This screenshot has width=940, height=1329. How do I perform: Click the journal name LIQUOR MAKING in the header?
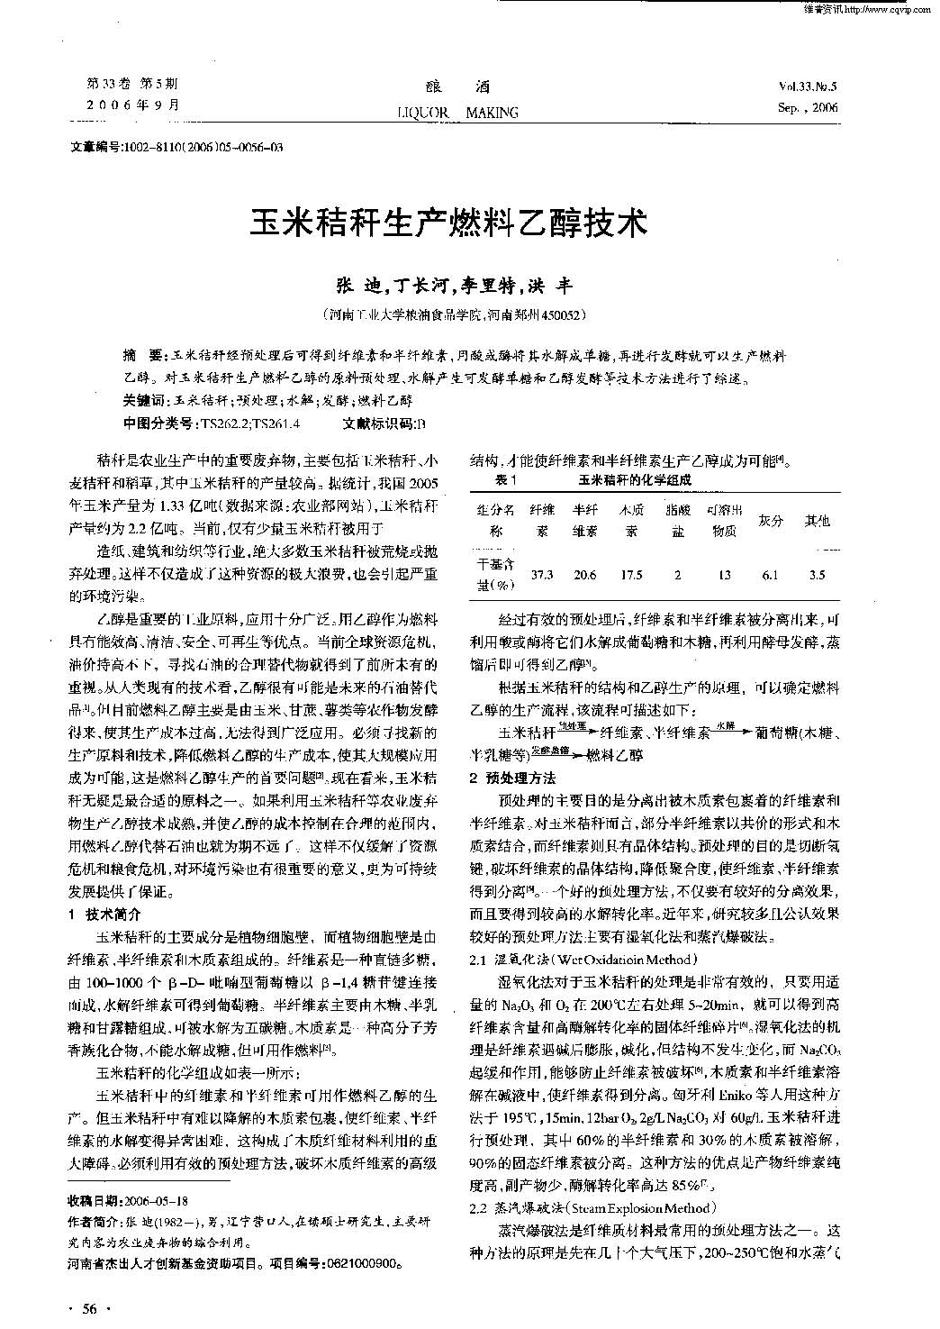coord(457,113)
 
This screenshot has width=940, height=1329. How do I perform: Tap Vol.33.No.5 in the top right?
coord(807,87)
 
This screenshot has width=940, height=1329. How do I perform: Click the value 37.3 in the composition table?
coord(542,574)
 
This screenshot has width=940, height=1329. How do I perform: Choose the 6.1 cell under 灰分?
coord(769,574)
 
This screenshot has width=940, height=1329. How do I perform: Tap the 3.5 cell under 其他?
coord(817,574)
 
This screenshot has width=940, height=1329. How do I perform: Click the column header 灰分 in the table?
coord(769,520)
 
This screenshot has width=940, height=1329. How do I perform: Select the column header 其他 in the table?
coord(817,520)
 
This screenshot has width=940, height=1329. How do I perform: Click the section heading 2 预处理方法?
coord(512,778)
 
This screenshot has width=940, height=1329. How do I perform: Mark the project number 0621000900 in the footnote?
coord(359,1262)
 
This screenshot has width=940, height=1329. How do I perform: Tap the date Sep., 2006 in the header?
coord(807,107)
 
